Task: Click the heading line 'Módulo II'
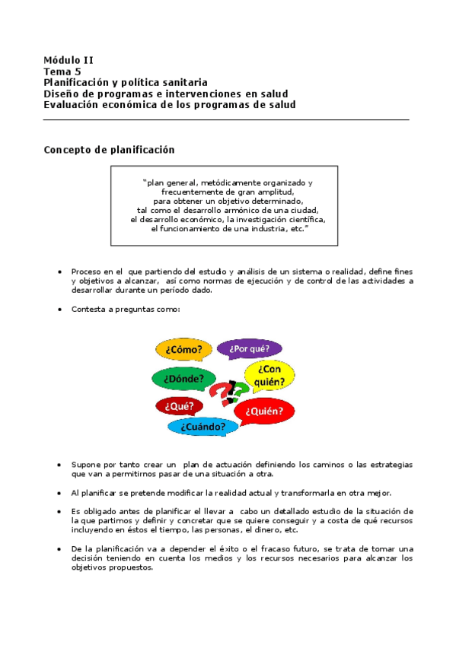(69, 60)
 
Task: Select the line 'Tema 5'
(62, 71)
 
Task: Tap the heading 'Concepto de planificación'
(109, 150)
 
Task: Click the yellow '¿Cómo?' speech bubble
(180, 349)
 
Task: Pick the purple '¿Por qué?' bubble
(249, 348)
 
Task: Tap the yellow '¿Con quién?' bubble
(269, 374)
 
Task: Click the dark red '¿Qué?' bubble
(179, 406)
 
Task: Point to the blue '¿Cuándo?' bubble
(202, 427)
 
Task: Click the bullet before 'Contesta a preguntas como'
(60, 310)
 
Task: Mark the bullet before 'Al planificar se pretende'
(60, 492)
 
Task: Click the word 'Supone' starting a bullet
(85, 464)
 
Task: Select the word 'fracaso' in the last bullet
(234, 548)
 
